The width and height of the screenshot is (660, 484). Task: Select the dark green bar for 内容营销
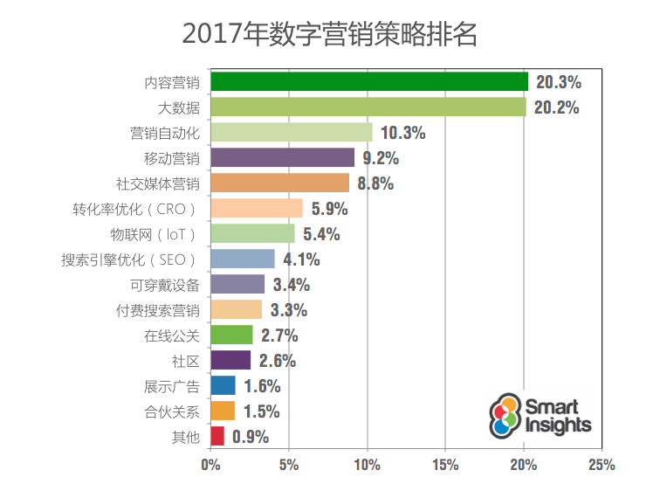[x=369, y=82]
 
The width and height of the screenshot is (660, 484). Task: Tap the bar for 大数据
[x=368, y=107]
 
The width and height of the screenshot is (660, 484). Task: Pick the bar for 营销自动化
[x=292, y=133]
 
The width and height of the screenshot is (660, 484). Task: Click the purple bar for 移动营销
[x=283, y=158]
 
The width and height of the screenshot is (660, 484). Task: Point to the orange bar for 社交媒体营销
[x=280, y=183]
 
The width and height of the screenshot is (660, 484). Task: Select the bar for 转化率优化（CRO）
[x=257, y=209]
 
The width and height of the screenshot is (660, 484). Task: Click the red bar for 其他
[x=217, y=436]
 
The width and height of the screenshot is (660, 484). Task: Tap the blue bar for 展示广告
[x=223, y=385]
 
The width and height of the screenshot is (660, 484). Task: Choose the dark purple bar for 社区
[x=230, y=360]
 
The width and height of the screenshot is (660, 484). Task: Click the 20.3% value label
[x=559, y=83]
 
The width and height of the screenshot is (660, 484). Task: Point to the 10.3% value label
[x=402, y=134]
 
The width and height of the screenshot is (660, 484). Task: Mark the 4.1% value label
[x=301, y=259]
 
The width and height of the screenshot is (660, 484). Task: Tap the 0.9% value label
[x=251, y=437]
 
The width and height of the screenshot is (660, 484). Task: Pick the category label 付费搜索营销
[x=158, y=310]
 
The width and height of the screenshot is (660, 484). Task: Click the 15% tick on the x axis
[x=445, y=465]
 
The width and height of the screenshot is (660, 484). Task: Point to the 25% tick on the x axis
[x=602, y=465]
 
